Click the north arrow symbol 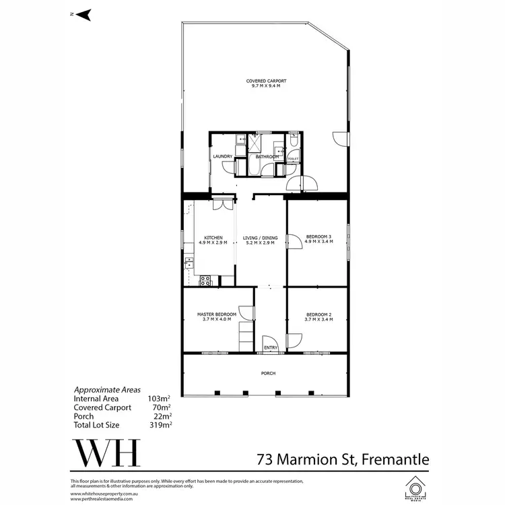[x=83, y=14]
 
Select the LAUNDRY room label [x=223, y=156]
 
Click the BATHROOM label [x=267, y=156]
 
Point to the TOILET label [x=292, y=159]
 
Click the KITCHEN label [x=213, y=237]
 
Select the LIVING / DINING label [x=261, y=237]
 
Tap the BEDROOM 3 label [x=319, y=236]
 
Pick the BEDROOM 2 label [x=318, y=314]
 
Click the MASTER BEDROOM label [x=216, y=314]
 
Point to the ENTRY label [x=271, y=347]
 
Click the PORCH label [x=269, y=373]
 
